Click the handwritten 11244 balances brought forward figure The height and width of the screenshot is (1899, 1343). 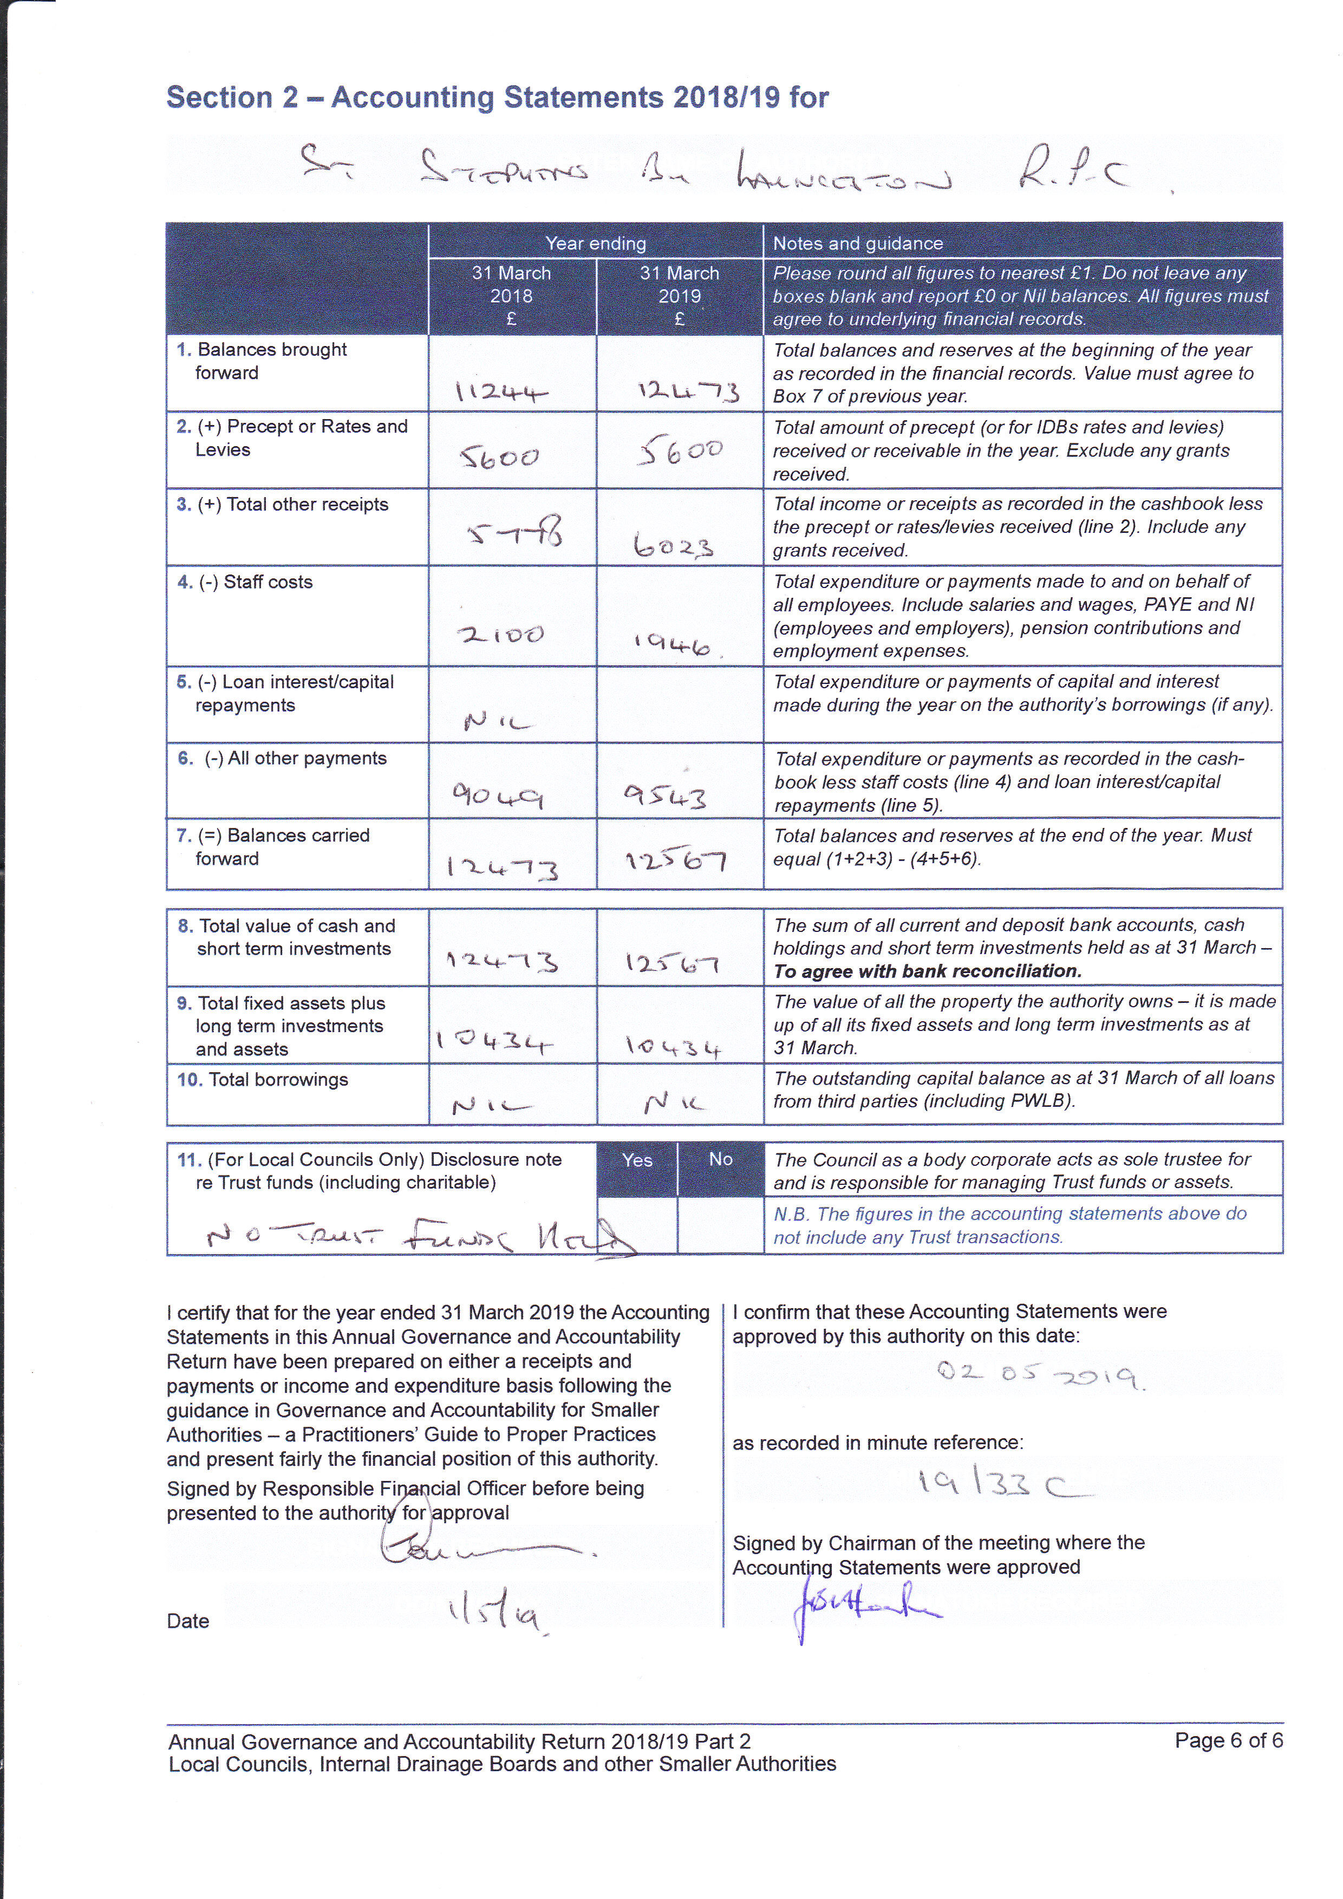click(x=501, y=391)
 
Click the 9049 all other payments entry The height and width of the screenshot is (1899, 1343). click(x=497, y=795)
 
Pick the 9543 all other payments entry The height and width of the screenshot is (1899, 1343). click(x=666, y=797)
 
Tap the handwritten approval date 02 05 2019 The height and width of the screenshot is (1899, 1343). click(x=1040, y=1375)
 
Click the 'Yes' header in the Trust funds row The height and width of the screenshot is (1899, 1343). click(x=637, y=1159)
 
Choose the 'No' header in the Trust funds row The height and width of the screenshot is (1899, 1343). click(x=720, y=1159)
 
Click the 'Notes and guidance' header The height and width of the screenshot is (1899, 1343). click(x=858, y=243)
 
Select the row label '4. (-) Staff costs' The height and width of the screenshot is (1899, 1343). click(x=245, y=582)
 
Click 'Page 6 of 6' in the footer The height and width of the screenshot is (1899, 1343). click(x=1228, y=1740)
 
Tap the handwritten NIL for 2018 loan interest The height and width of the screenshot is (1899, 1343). click(x=498, y=722)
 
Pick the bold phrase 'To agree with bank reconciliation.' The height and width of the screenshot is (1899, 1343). click(x=927, y=971)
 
